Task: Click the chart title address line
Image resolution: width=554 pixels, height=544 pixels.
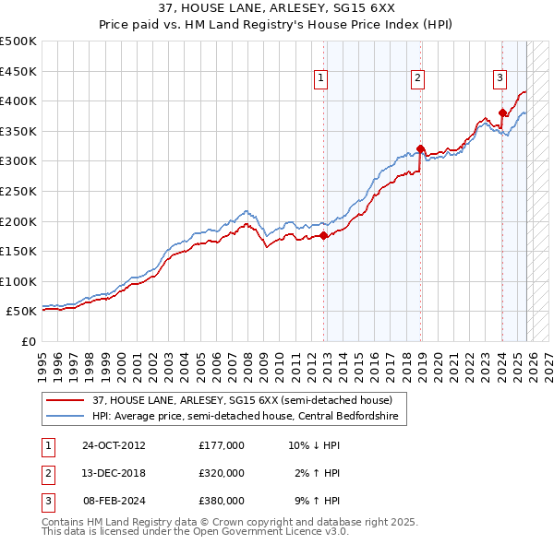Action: (277, 8)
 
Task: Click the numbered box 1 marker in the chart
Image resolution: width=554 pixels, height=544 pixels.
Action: (319, 78)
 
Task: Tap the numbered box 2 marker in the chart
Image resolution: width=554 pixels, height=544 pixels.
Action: (417, 78)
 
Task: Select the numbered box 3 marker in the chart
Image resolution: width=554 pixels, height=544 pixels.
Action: (499, 78)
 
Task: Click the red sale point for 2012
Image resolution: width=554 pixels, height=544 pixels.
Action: (323, 235)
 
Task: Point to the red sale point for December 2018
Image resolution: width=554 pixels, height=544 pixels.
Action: (420, 148)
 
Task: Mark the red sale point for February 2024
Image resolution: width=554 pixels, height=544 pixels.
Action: (502, 112)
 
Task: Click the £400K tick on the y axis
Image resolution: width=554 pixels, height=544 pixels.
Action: (19, 101)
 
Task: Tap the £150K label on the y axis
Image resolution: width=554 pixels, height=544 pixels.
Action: (19, 251)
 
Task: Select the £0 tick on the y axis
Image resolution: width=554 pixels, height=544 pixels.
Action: (29, 341)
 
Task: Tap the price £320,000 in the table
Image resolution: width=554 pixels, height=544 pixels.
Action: (221, 473)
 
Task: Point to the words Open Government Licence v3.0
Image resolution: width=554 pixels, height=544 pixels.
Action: (277, 532)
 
